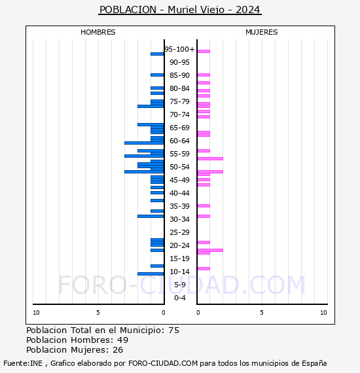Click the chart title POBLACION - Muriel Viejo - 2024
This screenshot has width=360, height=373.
pyautogui.click(x=180, y=10)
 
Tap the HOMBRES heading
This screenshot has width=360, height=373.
pyautogui.click(x=98, y=32)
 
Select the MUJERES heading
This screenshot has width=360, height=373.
pyautogui.click(x=262, y=32)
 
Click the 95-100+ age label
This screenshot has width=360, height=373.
pyautogui.click(x=179, y=49)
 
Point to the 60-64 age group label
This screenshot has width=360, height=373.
pyautogui.click(x=179, y=141)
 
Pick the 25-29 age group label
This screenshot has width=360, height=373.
pyautogui.click(x=179, y=232)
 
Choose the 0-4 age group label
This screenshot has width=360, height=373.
pyautogui.click(x=179, y=298)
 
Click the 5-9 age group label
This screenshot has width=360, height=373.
pyautogui.click(x=179, y=285)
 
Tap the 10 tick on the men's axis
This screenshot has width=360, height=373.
pyautogui.click(x=36, y=313)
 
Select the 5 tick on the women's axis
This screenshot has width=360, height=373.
pyautogui.click(x=262, y=313)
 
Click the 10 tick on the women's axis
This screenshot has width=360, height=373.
pyautogui.click(x=323, y=313)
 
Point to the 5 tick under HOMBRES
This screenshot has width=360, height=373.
pyautogui.click(x=98, y=313)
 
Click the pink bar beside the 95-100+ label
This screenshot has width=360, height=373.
pyautogui.click(x=204, y=52)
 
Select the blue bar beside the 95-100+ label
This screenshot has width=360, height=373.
pyautogui.click(x=157, y=54)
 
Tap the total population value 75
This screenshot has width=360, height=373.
pyautogui.click(x=174, y=330)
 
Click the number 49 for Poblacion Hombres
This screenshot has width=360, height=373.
pyautogui.click(x=123, y=340)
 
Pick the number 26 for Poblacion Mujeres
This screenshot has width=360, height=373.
pyautogui.click(x=118, y=350)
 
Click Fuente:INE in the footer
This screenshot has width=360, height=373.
pyautogui.click(x=23, y=363)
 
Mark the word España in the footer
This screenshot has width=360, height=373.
pyautogui.click(x=314, y=363)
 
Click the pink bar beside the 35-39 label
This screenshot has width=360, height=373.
pyautogui.click(x=204, y=205)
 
